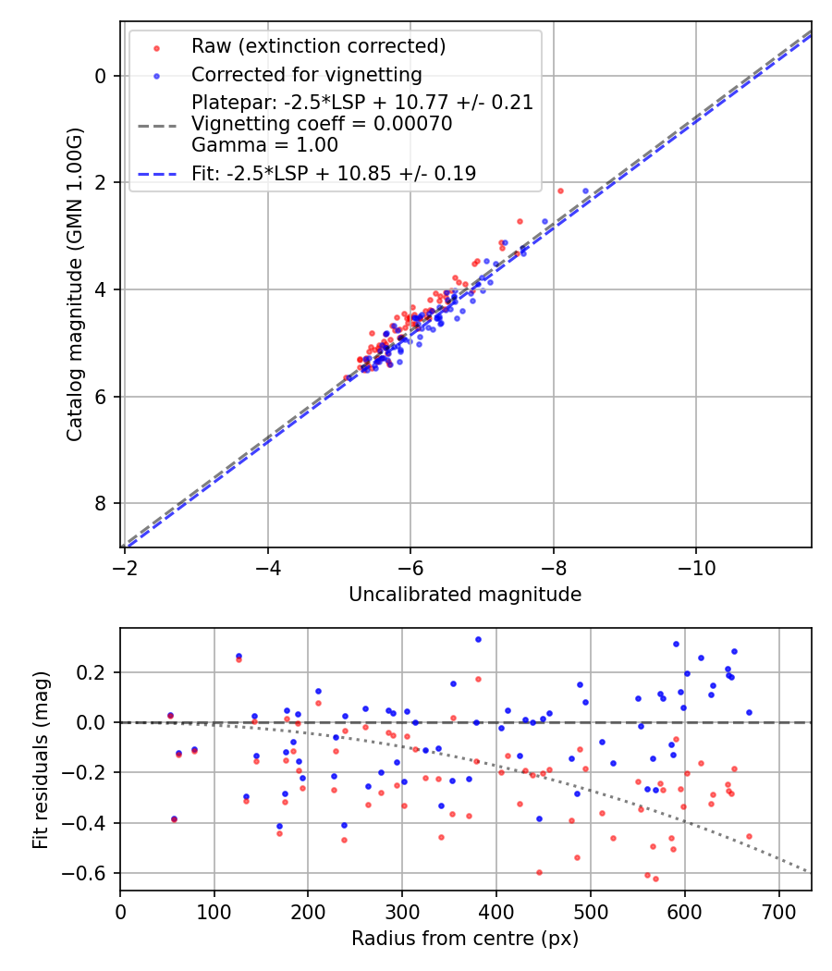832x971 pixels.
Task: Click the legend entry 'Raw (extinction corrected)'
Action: tap(318, 46)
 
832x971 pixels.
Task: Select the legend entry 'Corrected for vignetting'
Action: tap(306, 75)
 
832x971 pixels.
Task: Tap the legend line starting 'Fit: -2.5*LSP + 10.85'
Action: tap(334, 174)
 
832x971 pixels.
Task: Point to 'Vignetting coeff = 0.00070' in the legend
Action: tap(322, 124)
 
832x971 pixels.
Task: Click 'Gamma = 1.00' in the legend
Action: tap(264, 145)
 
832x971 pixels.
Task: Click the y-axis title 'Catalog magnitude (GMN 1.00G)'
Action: tap(75, 285)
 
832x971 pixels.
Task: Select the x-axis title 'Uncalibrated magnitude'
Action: tap(465, 595)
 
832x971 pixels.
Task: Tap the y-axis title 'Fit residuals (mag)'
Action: tap(40, 759)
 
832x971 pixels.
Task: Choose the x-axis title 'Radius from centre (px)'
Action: tap(465, 939)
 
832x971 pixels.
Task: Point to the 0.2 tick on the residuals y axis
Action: tap(94, 672)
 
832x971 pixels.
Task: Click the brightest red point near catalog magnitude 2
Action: tap(560, 191)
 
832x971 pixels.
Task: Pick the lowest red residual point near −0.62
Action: tap(655, 879)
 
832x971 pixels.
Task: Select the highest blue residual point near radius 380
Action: tap(478, 639)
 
